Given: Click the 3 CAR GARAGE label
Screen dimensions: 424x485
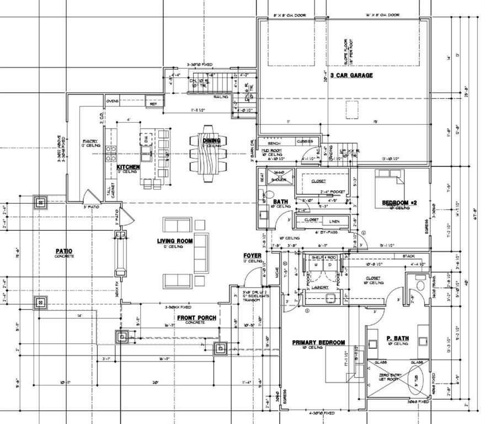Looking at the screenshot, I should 351,75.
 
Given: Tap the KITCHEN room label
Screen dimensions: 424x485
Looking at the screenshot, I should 128,166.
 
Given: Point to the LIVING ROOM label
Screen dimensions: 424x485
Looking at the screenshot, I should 174,241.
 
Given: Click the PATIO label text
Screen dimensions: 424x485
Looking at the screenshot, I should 64,251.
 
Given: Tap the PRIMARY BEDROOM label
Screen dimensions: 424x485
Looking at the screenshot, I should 318,342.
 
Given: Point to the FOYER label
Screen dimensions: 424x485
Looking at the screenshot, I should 252,256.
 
